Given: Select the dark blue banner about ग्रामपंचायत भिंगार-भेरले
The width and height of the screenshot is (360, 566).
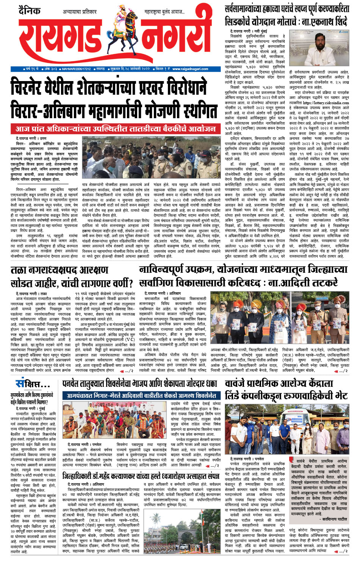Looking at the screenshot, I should coord(140,396).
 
